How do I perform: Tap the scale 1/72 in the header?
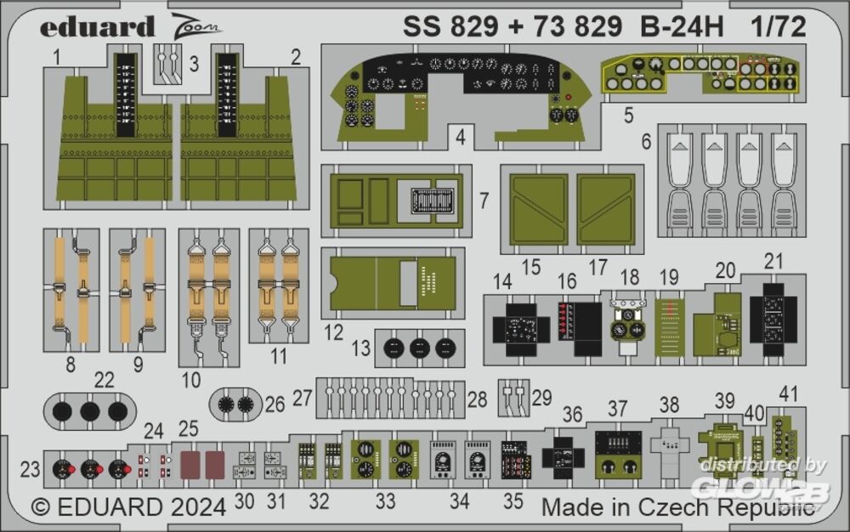[778, 28]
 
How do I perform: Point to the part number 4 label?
[460, 136]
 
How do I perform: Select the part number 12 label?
[333, 331]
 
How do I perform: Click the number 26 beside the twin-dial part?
[275, 405]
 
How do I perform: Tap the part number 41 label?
[790, 393]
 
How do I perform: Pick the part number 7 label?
[484, 201]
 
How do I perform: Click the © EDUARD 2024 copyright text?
[128, 507]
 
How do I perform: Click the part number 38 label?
[669, 405]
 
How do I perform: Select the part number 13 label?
[361, 348]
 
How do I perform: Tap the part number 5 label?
[628, 116]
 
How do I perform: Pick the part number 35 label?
[513, 501]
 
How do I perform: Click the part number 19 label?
[669, 277]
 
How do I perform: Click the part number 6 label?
[646, 142]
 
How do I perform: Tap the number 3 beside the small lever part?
[194, 65]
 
